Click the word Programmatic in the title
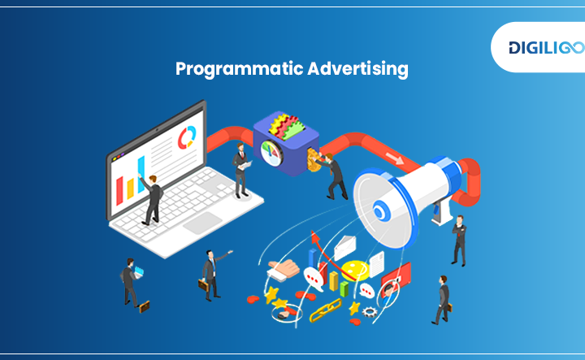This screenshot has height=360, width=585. [x=240, y=69]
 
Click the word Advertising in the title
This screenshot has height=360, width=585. [x=358, y=69]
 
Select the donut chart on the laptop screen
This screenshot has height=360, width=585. [x=187, y=137]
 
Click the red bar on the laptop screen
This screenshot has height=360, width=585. [x=119, y=191]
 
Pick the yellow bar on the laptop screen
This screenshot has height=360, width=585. [x=130, y=189]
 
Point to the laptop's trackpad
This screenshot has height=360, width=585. [x=203, y=223]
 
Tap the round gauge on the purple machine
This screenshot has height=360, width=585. [x=271, y=153]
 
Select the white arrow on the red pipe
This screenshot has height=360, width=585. [x=394, y=158]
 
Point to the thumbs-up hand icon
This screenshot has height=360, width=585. [x=284, y=270]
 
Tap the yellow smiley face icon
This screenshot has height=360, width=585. [x=355, y=271]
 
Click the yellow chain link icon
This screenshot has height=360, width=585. [x=326, y=310]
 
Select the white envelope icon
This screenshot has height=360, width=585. [x=344, y=248]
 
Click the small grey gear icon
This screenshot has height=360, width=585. [x=370, y=312]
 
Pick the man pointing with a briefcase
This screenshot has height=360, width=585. [x=213, y=275]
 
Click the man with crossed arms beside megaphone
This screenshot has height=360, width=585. [x=459, y=241]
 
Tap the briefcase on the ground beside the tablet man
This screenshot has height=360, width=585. [x=145, y=306]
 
